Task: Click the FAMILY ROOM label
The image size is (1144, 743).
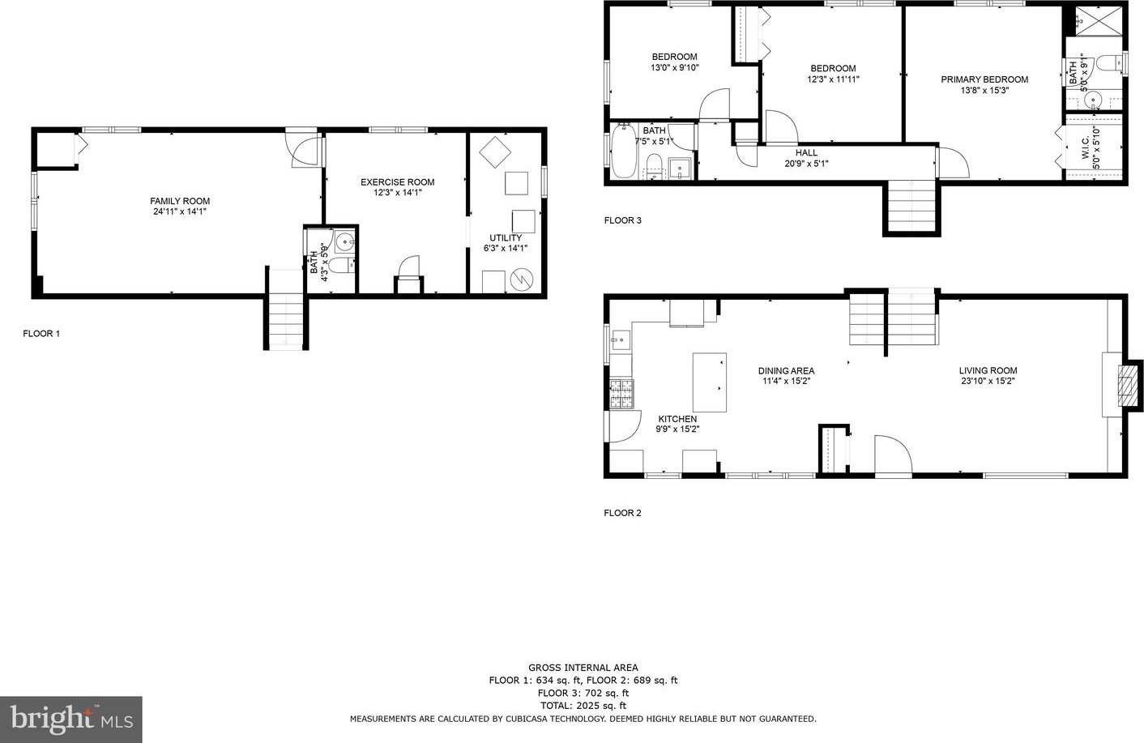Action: [180, 201]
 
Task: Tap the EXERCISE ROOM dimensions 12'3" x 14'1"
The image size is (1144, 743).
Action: [397, 193]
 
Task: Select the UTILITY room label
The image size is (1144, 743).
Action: [506, 238]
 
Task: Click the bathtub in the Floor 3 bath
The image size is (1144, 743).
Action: [624, 151]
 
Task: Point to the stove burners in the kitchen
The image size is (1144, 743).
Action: [622, 394]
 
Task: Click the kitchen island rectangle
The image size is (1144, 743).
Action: [710, 382]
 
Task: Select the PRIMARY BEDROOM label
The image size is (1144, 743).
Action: [984, 79]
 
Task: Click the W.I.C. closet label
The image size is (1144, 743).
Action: [1086, 148]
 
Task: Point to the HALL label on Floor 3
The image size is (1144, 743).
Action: [806, 152]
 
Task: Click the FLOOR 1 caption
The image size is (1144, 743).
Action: [41, 334]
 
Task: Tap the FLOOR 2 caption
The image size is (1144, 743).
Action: [622, 513]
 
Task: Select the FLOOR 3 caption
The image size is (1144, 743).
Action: [622, 220]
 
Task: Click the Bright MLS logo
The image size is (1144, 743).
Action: [71, 720]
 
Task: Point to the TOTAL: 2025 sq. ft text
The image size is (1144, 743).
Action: [583, 706]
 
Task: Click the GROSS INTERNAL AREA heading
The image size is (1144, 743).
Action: [583, 668]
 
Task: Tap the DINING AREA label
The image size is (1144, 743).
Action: [786, 371]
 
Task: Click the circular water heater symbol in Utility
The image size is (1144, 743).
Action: [523, 279]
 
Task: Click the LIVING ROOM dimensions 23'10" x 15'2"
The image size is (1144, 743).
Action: [988, 381]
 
